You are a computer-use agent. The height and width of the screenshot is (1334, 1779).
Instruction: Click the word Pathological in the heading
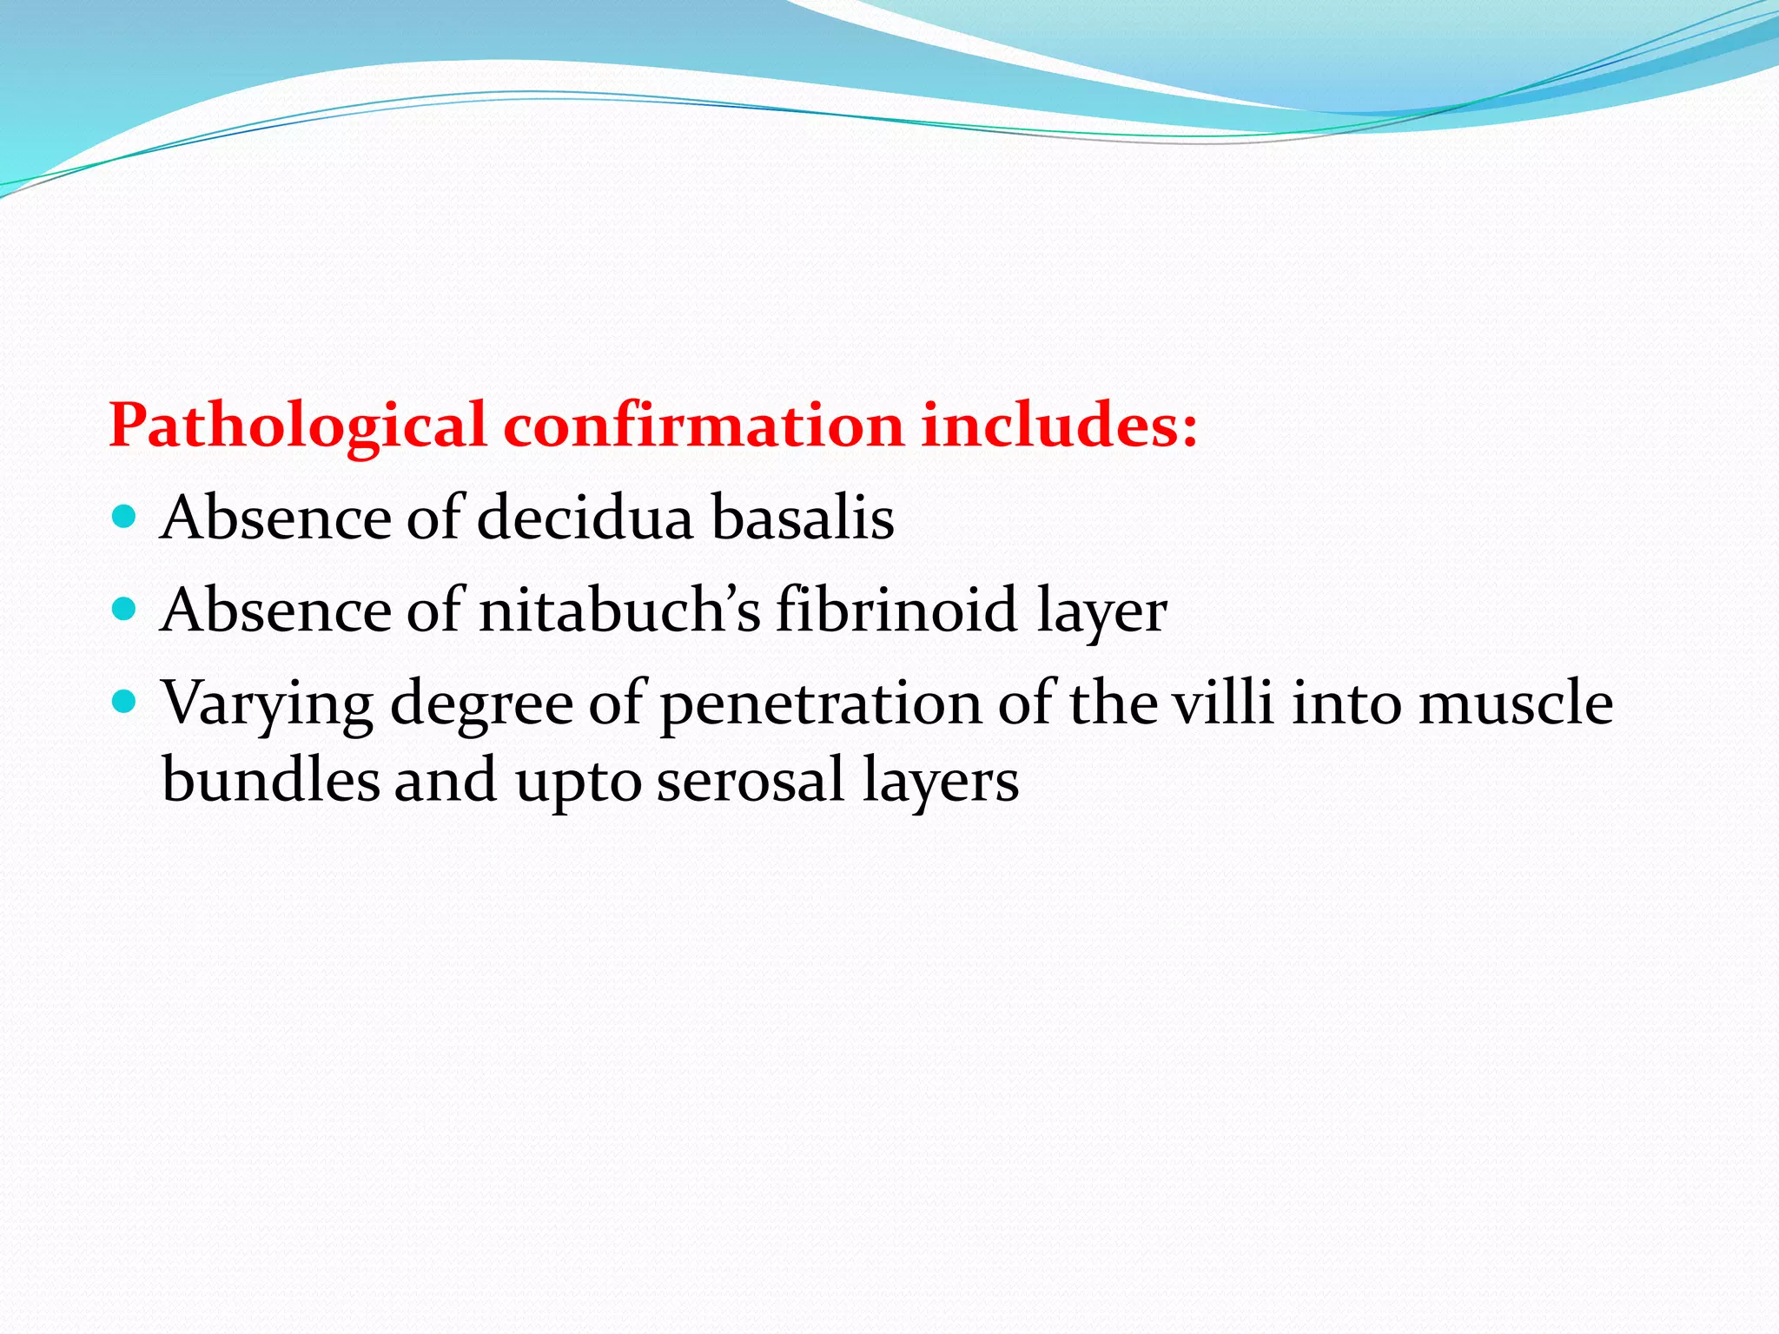coord(297,426)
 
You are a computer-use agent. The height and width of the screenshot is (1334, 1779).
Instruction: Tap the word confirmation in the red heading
coord(704,426)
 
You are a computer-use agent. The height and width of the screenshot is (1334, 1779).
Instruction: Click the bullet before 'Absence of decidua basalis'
coord(125,518)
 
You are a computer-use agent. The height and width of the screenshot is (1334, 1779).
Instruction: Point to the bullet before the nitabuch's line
coord(125,610)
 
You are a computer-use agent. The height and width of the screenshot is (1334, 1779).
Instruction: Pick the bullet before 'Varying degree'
coord(125,702)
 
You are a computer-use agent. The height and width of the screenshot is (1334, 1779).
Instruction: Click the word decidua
coord(585,518)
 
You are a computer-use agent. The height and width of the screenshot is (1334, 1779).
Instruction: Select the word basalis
coord(803,518)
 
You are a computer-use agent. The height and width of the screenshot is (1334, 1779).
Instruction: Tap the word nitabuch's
coord(619,611)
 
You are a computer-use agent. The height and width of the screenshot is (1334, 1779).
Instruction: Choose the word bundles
coord(270,779)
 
